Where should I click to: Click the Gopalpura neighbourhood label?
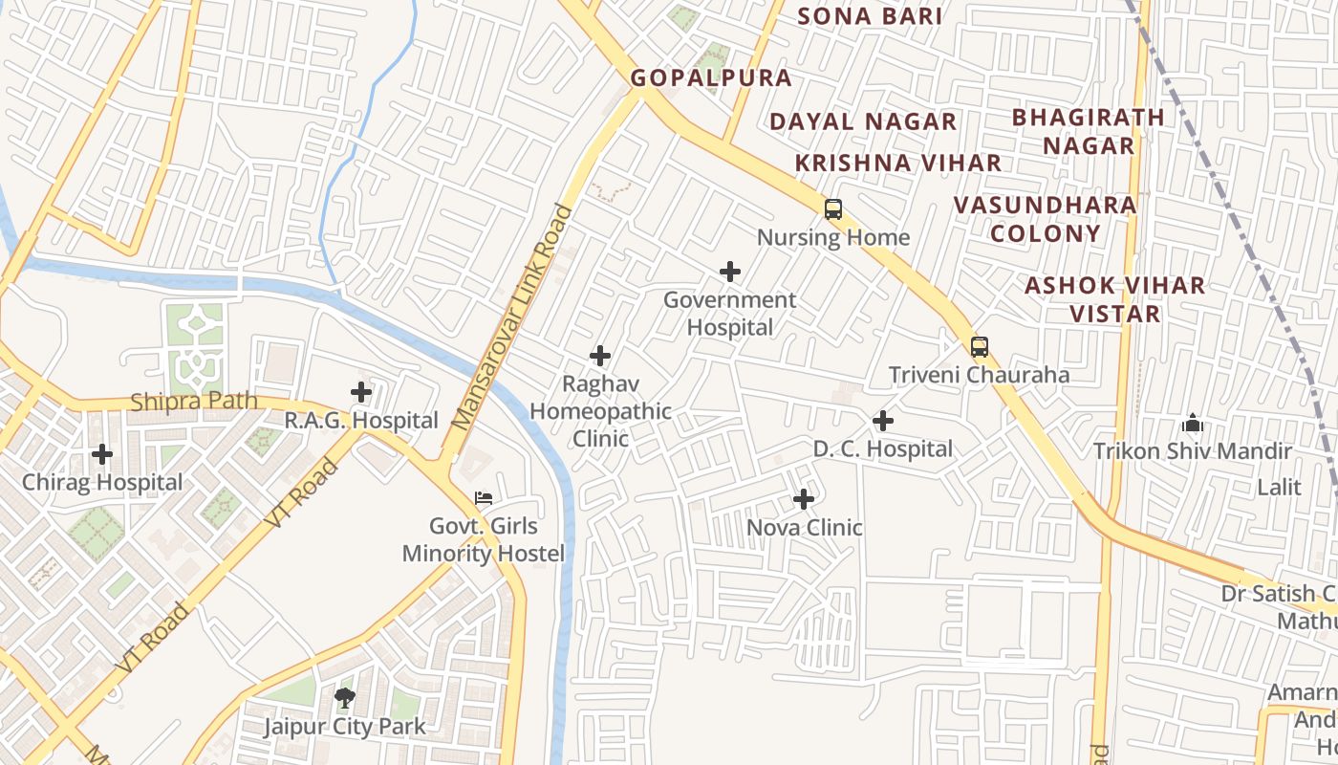[x=711, y=78]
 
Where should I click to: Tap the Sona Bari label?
[x=870, y=16]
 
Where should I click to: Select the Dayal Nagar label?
[x=863, y=121]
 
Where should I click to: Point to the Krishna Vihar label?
[x=898, y=163]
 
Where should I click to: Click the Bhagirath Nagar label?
[x=1089, y=131]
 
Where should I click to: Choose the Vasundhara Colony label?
[x=1046, y=219]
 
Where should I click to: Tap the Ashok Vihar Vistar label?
[x=1114, y=299]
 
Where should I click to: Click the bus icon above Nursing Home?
[x=833, y=209]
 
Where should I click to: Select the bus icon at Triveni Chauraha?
[x=979, y=346]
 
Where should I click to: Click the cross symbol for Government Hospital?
[x=730, y=272]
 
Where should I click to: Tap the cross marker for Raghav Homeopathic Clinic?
[x=600, y=356]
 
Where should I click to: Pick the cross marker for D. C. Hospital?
[x=883, y=421]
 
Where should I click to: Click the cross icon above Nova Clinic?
[x=804, y=499]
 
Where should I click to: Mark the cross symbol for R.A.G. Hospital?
[x=361, y=392]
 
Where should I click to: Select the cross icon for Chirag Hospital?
[x=102, y=454]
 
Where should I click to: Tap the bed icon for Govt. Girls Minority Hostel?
[x=484, y=498]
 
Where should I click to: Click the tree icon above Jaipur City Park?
[x=345, y=698]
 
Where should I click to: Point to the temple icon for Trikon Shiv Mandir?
[x=1192, y=423]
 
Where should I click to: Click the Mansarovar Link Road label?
[x=512, y=317]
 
